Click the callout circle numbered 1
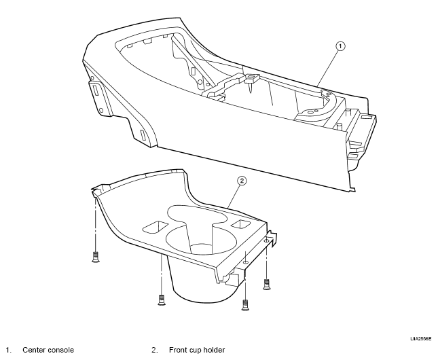(x=340, y=46)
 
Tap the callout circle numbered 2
(x=242, y=181)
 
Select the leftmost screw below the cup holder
(x=96, y=257)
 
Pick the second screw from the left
(x=162, y=300)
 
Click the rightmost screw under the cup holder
(x=267, y=285)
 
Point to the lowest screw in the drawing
(x=245, y=305)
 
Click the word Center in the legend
(x=34, y=350)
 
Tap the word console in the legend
(x=61, y=350)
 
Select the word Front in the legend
(x=178, y=350)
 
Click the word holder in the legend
(x=214, y=350)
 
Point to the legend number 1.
(x=9, y=350)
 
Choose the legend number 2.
(x=155, y=350)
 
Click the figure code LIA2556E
(x=420, y=339)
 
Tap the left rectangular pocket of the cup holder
(x=155, y=227)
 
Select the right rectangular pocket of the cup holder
(x=240, y=224)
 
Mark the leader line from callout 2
(x=234, y=197)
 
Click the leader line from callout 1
(x=328, y=68)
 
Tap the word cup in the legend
(x=195, y=350)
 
